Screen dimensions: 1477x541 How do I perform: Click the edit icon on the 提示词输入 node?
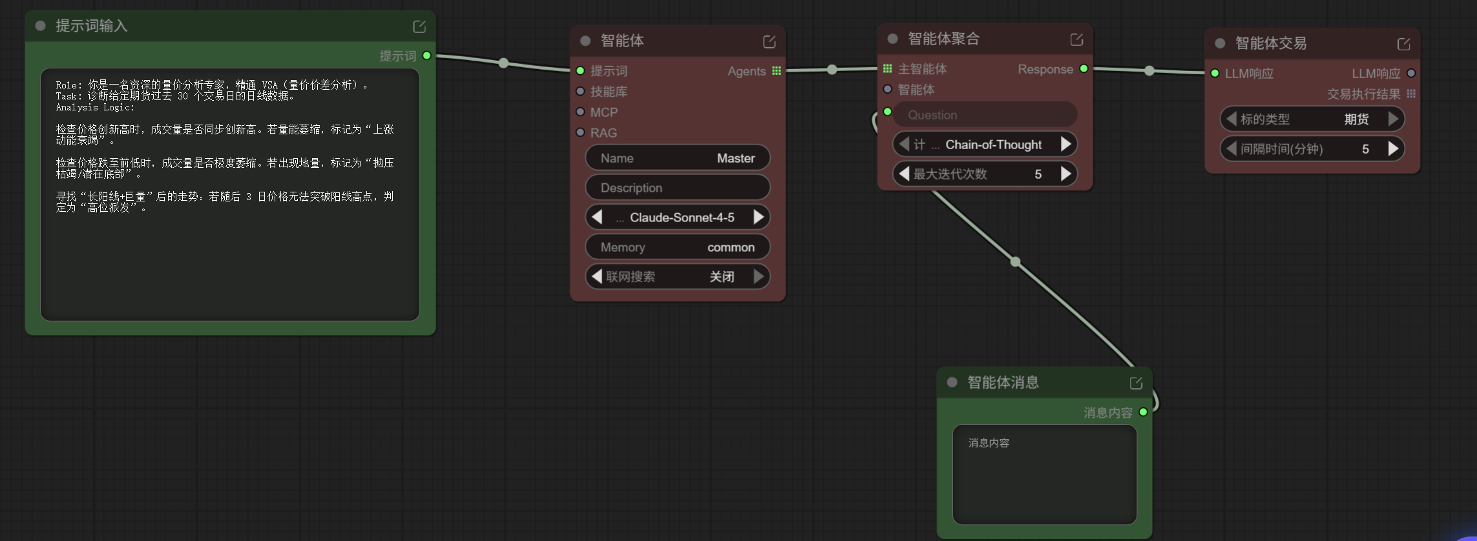pyautogui.click(x=419, y=26)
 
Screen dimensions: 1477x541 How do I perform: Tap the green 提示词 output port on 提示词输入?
pyautogui.click(x=426, y=56)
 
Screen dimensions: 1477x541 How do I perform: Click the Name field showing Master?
pyautogui.click(x=678, y=158)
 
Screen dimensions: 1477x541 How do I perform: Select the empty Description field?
pyautogui.click(x=678, y=188)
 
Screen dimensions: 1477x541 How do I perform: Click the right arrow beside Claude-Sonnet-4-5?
pyautogui.click(x=759, y=218)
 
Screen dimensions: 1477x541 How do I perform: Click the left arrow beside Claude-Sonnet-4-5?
pyautogui.click(x=597, y=218)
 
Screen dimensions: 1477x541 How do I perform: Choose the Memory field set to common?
pyautogui.click(x=678, y=247)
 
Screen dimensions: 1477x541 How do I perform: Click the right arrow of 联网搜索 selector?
pyautogui.click(x=759, y=277)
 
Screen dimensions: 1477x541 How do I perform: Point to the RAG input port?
pyautogui.click(x=580, y=132)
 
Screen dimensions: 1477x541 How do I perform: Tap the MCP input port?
pyautogui.click(x=580, y=112)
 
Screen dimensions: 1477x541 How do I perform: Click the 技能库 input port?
pyautogui.click(x=580, y=91)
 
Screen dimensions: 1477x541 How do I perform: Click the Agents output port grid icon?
pyautogui.click(x=777, y=71)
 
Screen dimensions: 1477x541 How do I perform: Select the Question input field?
pyautogui.click(x=985, y=115)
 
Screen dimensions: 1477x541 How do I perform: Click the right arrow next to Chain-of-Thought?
pyautogui.click(x=1066, y=145)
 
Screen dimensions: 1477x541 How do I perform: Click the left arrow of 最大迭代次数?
pyautogui.click(x=904, y=174)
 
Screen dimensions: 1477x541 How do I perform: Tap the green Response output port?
pyautogui.click(x=1084, y=68)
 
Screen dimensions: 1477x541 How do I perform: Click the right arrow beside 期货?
pyautogui.click(x=1393, y=119)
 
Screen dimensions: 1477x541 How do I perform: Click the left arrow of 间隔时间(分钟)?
pyautogui.click(x=1231, y=149)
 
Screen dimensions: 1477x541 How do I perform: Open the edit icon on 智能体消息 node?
pyautogui.click(x=1136, y=383)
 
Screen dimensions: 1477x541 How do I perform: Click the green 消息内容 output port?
pyautogui.click(x=1143, y=412)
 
